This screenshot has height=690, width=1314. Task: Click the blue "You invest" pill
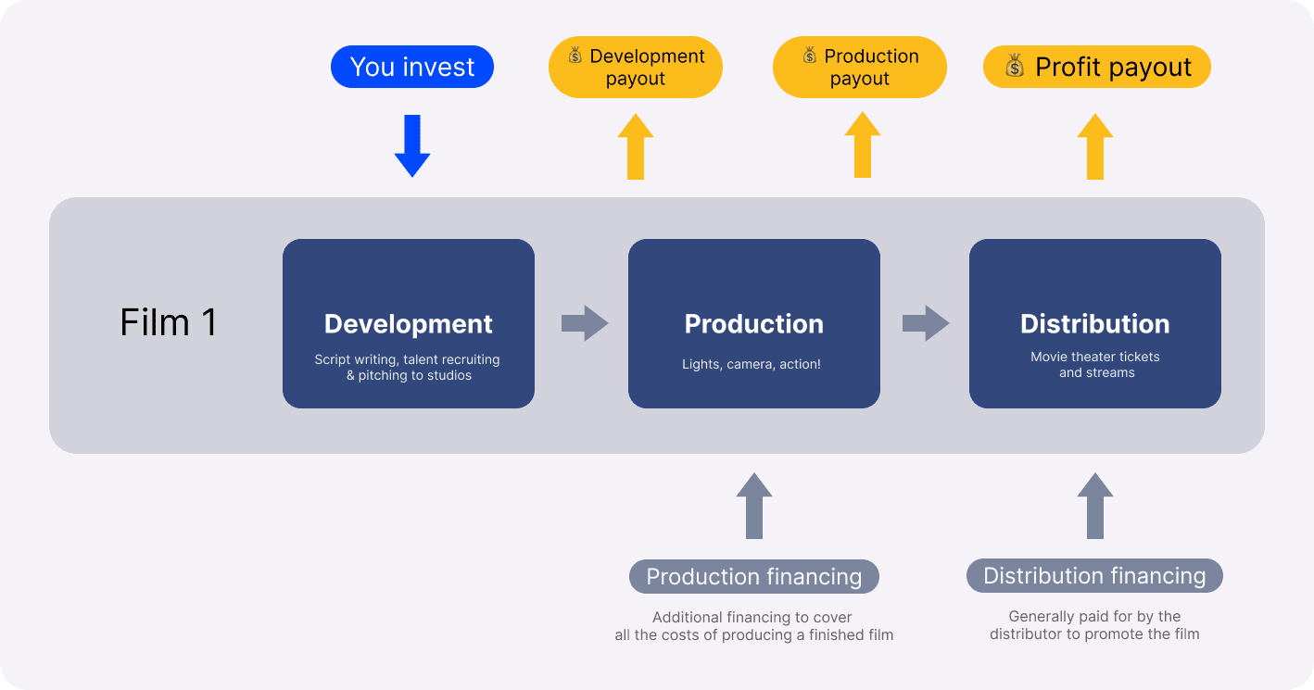[x=412, y=68]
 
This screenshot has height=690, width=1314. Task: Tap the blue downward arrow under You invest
[x=412, y=146]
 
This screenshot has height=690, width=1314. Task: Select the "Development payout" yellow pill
[x=636, y=68]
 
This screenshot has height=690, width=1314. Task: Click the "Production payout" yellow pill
[x=860, y=68]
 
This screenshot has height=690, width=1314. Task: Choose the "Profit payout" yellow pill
[x=1097, y=68]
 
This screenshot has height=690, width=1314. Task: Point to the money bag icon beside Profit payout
[x=1015, y=67]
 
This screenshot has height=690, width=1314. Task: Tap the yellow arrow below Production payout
[x=862, y=145]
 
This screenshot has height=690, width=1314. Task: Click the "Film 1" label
[x=169, y=322]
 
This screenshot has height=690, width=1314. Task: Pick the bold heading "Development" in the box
[x=409, y=324]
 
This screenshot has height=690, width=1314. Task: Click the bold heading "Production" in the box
[x=754, y=324]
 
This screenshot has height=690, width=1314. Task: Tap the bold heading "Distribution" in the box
[x=1095, y=324]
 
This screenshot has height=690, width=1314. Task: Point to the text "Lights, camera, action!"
[x=752, y=365]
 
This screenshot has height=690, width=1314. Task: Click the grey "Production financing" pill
[x=754, y=577]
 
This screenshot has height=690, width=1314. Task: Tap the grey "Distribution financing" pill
[x=1094, y=576]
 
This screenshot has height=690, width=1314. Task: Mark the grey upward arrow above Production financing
[x=753, y=506]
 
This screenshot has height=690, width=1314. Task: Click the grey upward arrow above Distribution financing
[x=1095, y=506]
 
